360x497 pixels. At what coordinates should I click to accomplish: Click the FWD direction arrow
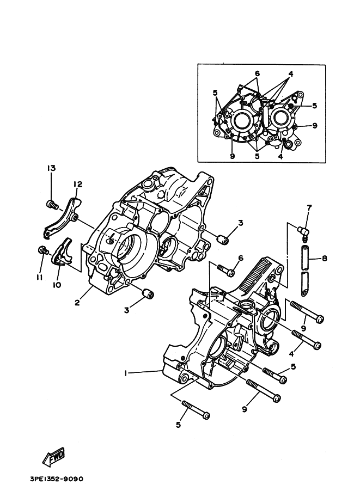tap(53, 457)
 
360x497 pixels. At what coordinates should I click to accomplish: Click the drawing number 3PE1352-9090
tap(57, 478)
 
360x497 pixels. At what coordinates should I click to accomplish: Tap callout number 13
tap(51, 168)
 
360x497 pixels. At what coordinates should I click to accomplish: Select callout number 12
tap(78, 184)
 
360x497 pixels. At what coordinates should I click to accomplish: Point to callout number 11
tap(39, 277)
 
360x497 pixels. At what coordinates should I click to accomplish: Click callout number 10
tap(57, 285)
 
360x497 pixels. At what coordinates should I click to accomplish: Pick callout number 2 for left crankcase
tap(77, 303)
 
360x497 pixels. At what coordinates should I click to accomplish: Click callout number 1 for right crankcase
tap(126, 373)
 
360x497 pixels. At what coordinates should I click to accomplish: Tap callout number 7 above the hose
tap(309, 208)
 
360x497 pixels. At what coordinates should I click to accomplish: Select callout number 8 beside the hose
tap(324, 259)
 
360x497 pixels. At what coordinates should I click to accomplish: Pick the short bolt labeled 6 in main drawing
tap(226, 270)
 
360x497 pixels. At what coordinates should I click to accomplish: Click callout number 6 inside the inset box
tap(257, 73)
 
